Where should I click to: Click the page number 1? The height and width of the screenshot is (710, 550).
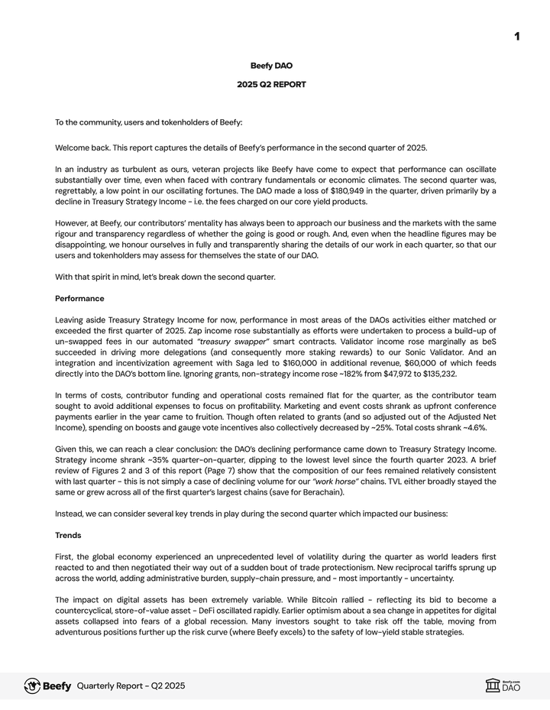[x=517, y=36]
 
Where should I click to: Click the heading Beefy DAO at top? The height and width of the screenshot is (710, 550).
[x=271, y=66]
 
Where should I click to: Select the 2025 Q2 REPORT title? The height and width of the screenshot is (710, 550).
[x=271, y=85]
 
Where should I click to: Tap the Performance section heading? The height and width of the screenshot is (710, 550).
[x=79, y=298]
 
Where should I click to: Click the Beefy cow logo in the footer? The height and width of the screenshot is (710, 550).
[x=32, y=686]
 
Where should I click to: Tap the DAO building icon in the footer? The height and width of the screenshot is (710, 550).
[x=493, y=686]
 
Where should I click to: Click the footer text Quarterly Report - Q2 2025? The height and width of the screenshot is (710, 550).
[x=131, y=686]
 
